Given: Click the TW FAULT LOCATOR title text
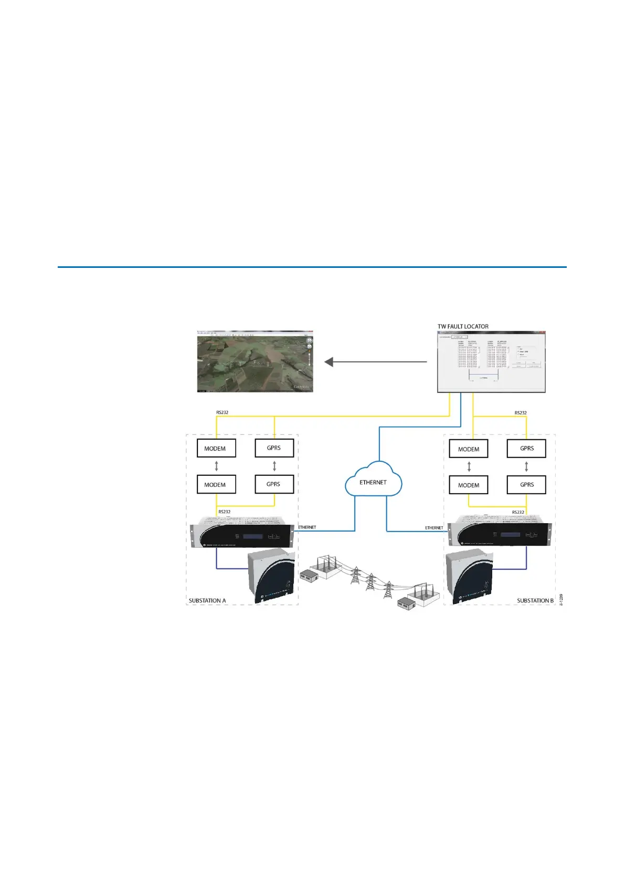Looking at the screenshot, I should tap(463, 326).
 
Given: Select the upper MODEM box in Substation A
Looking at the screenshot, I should tap(216, 449).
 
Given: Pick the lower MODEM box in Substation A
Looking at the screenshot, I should tap(216, 484).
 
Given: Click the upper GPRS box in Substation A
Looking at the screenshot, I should tap(273, 448).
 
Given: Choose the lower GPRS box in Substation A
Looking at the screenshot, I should tap(273, 484).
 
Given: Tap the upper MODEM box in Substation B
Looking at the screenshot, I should tap(469, 449).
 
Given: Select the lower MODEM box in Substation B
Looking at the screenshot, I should tap(469, 485).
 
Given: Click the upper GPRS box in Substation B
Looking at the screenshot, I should tap(526, 449).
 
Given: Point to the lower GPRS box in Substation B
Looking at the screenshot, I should tap(526, 484).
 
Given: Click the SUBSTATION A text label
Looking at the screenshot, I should tap(207, 600).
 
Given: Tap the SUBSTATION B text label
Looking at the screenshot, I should tap(535, 600).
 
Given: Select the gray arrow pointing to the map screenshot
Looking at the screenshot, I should tap(376, 362).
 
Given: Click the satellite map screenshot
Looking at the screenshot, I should tap(255, 361).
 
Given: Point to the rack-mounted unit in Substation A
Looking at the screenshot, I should tap(242, 532).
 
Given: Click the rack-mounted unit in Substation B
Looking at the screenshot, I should tap(499, 532).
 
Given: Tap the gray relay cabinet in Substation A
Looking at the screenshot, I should tap(271, 576).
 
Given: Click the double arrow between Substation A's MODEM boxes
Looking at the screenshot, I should tap(216, 466).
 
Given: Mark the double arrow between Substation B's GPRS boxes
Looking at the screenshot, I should tap(526, 466).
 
